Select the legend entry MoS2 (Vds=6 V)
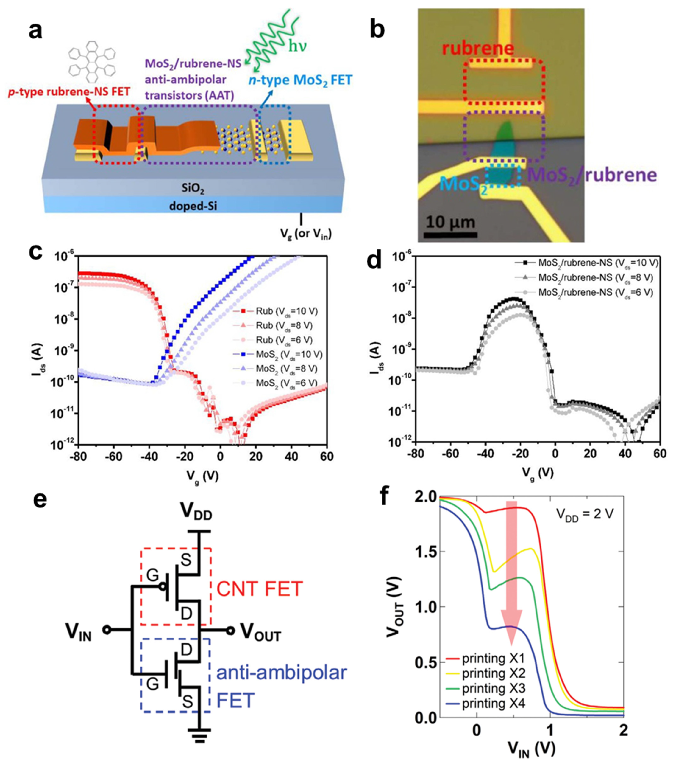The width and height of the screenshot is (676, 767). pyautogui.click(x=287, y=383)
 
